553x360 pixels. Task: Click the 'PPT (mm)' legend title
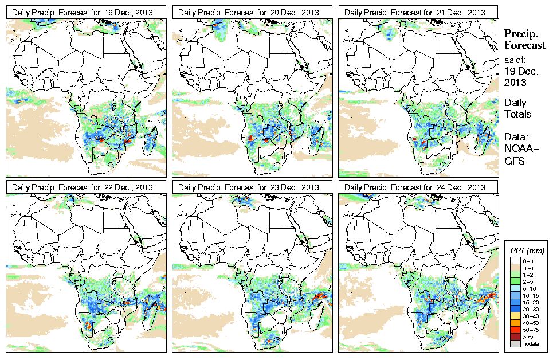pos(527,251)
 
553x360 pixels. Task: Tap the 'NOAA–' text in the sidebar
pos(517,150)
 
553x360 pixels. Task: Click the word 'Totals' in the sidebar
pos(517,114)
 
